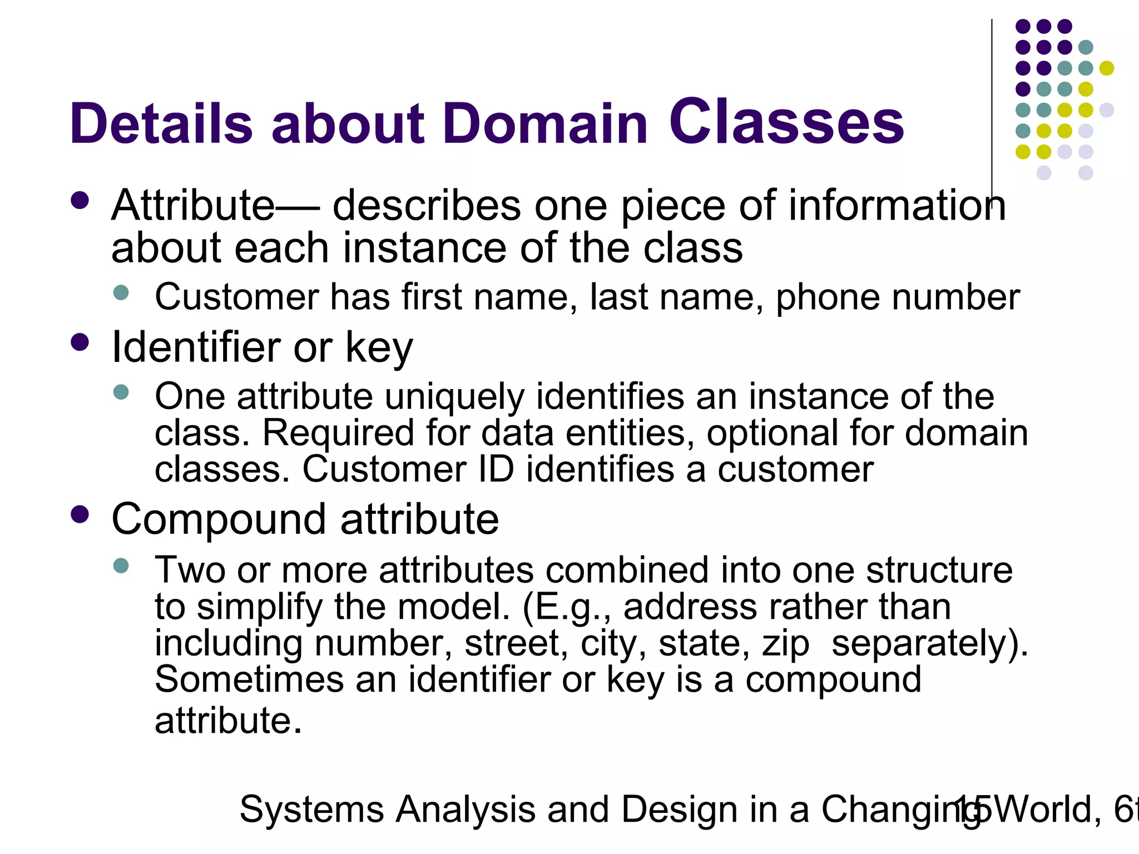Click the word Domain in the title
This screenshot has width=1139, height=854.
pyautogui.click(x=545, y=123)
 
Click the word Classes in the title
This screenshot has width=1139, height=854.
pyautogui.click(x=786, y=122)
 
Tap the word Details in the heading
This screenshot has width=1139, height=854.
pyautogui.click(x=161, y=123)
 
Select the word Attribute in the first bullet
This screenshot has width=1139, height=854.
pyautogui.click(x=192, y=206)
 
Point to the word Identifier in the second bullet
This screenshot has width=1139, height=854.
pyautogui.click(x=196, y=347)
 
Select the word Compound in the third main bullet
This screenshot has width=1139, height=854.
pyautogui.click(x=218, y=519)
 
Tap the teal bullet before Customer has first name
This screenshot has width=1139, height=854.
pyautogui.click(x=121, y=293)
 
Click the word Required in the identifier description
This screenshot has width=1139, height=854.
pyautogui.click(x=338, y=433)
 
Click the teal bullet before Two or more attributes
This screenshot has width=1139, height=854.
pyautogui.click(x=121, y=566)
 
